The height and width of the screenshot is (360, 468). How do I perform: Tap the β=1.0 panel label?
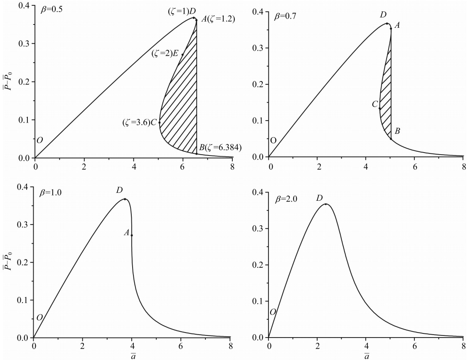(52, 193)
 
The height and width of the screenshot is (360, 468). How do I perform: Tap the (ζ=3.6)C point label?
(139, 122)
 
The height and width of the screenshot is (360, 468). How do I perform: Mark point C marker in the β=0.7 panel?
(380, 108)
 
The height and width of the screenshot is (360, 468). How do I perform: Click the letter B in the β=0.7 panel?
(398, 131)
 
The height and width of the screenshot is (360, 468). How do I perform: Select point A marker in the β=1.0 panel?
(132, 235)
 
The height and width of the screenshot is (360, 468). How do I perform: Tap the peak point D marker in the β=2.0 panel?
(325, 204)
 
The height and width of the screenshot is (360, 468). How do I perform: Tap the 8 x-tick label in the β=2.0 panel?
(463, 347)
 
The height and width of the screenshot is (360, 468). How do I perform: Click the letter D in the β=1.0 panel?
(119, 190)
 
